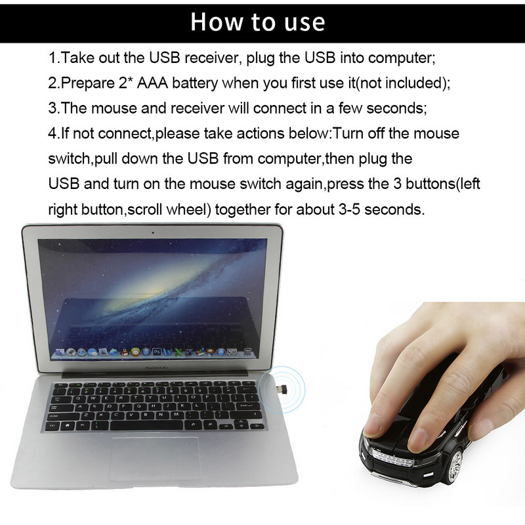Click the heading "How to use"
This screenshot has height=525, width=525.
click(258, 22)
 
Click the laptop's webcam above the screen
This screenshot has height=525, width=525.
click(153, 232)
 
